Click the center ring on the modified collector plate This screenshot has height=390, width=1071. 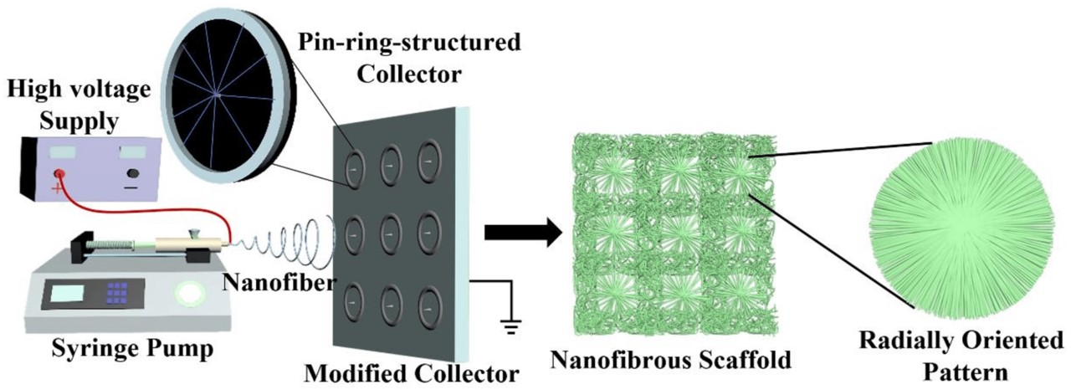pos(389,229)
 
